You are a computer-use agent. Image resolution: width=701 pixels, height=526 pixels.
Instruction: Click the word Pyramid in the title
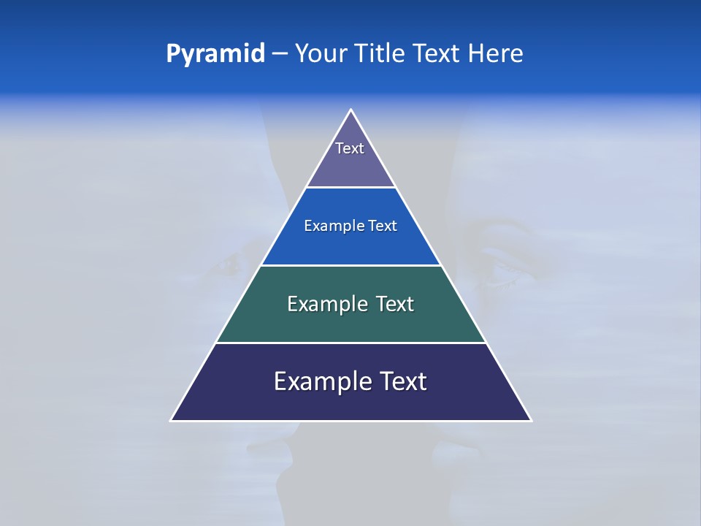[x=215, y=54]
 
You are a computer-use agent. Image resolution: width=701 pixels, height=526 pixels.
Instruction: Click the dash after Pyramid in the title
[x=280, y=54]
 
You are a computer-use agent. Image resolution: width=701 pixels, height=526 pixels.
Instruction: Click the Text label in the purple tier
[x=350, y=148]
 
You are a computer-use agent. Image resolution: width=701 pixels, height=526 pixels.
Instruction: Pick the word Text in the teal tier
[x=395, y=304]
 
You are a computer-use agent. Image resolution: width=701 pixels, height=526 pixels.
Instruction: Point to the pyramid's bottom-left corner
[x=172, y=420]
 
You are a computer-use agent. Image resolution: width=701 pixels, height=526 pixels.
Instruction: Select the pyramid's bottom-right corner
[x=531, y=420]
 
